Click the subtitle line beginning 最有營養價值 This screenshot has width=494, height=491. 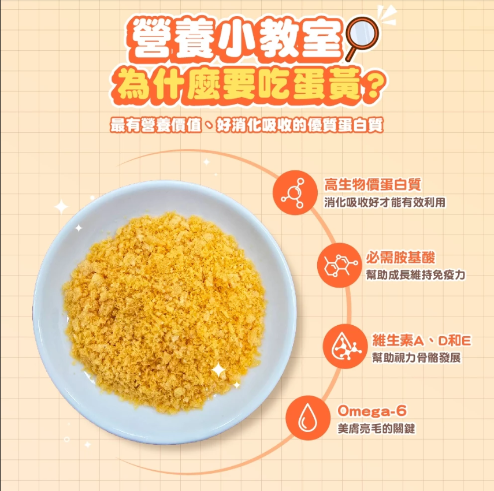point(247,124)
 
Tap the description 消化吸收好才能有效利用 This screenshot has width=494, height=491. point(385,203)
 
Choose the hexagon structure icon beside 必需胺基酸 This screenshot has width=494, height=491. point(337,266)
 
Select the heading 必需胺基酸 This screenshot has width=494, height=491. point(400,258)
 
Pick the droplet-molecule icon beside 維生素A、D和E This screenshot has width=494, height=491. point(345,346)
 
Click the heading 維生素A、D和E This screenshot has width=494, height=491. point(421,340)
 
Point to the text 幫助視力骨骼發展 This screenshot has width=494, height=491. point(416,358)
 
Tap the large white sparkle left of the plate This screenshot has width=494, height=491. point(61,206)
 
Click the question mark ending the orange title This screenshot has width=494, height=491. point(375,88)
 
